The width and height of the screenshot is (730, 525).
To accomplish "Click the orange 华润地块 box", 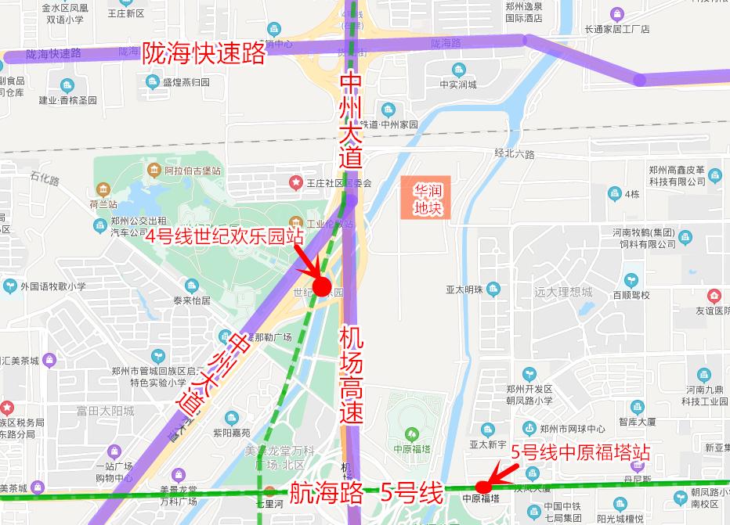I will (x=428, y=199).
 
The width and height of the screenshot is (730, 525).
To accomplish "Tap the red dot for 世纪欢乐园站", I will (x=322, y=286).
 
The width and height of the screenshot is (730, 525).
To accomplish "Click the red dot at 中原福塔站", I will (x=484, y=487).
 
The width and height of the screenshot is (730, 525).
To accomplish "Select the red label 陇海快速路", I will (x=204, y=52).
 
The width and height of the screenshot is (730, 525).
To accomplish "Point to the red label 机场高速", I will (x=352, y=376).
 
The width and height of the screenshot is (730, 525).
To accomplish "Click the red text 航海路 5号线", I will (x=367, y=493).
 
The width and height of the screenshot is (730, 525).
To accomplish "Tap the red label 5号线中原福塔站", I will (x=580, y=452).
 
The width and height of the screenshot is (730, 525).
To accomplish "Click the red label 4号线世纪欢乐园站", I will (x=225, y=236).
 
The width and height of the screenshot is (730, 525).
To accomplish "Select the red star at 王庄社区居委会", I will (x=296, y=182).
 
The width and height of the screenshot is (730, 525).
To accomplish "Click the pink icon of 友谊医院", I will (x=714, y=296).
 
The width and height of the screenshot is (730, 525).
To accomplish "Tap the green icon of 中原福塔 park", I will (x=412, y=434).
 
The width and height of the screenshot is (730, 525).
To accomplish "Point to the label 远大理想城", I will (x=564, y=292).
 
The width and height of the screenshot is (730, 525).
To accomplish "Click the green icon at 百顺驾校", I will (x=631, y=280).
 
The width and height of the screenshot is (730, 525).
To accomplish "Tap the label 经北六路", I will (x=515, y=155).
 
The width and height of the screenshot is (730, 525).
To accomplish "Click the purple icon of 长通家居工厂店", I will (x=617, y=13).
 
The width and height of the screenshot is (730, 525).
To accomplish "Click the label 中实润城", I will (x=458, y=85).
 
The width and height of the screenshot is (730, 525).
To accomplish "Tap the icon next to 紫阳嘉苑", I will (x=231, y=418).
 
